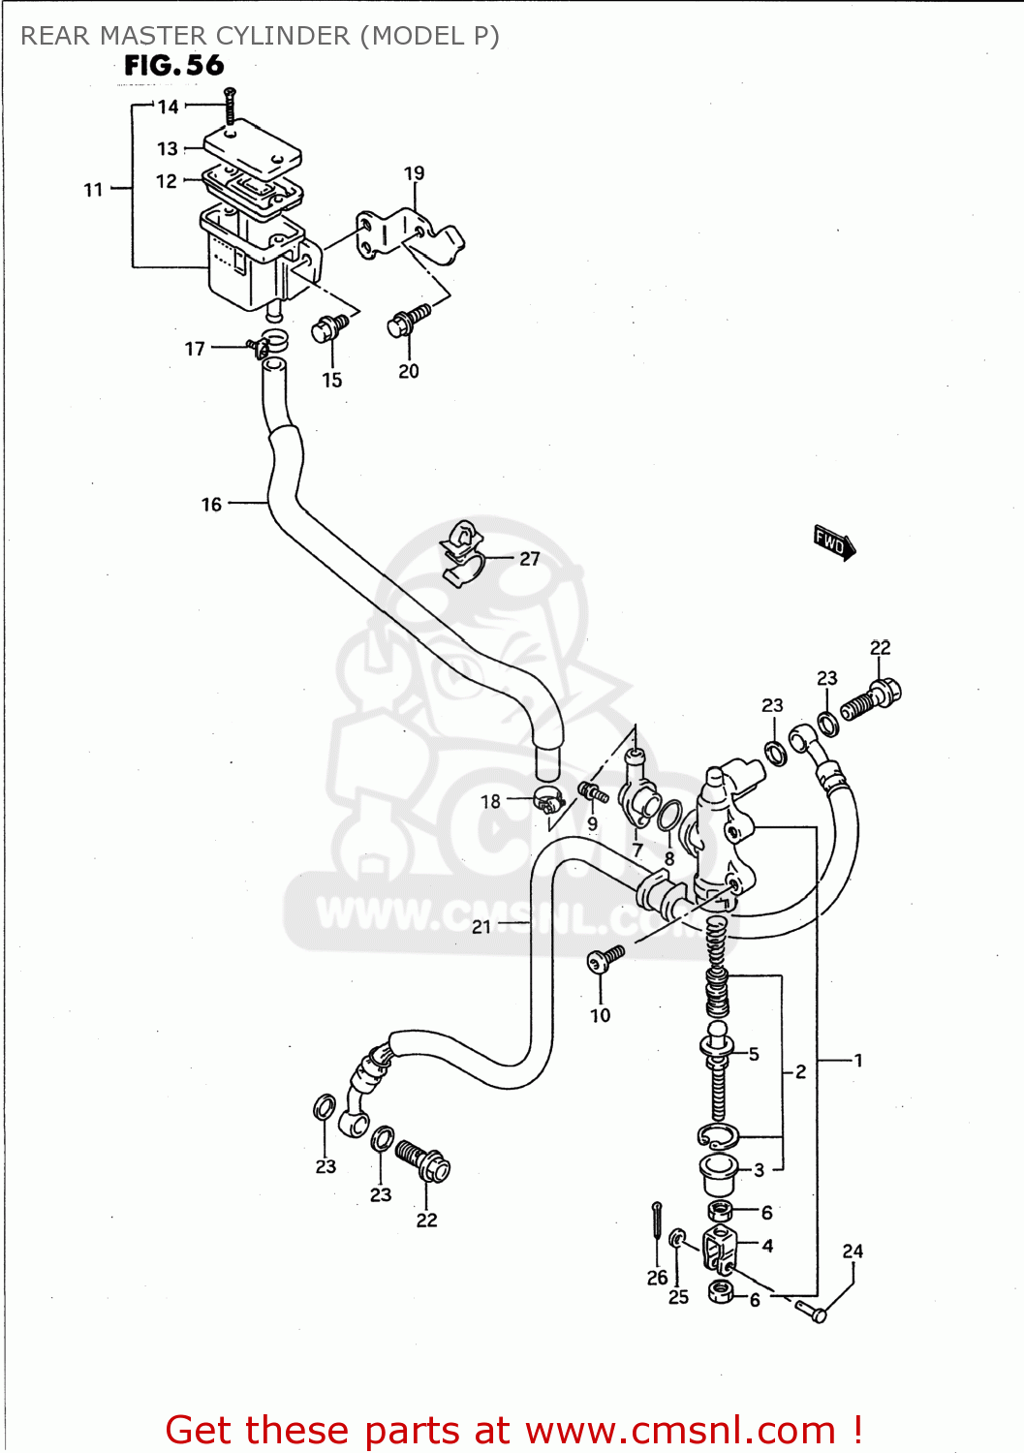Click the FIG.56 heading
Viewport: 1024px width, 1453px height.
tap(174, 66)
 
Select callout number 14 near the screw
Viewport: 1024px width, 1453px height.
tap(169, 107)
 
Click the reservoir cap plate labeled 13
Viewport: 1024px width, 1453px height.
tap(253, 146)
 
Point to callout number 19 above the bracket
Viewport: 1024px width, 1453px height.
tap(414, 173)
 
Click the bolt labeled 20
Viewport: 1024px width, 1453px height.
tap(408, 321)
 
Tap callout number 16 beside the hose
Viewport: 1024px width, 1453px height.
tap(211, 505)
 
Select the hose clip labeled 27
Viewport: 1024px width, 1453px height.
tap(462, 553)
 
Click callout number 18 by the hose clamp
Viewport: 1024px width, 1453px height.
tap(490, 801)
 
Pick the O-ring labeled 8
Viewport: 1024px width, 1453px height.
tap(669, 815)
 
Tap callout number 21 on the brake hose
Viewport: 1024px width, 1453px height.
tap(481, 927)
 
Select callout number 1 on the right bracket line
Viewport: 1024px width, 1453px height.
tap(857, 1061)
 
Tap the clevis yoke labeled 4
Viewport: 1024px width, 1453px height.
tap(721, 1248)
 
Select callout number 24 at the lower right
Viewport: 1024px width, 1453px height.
tap(853, 1252)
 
